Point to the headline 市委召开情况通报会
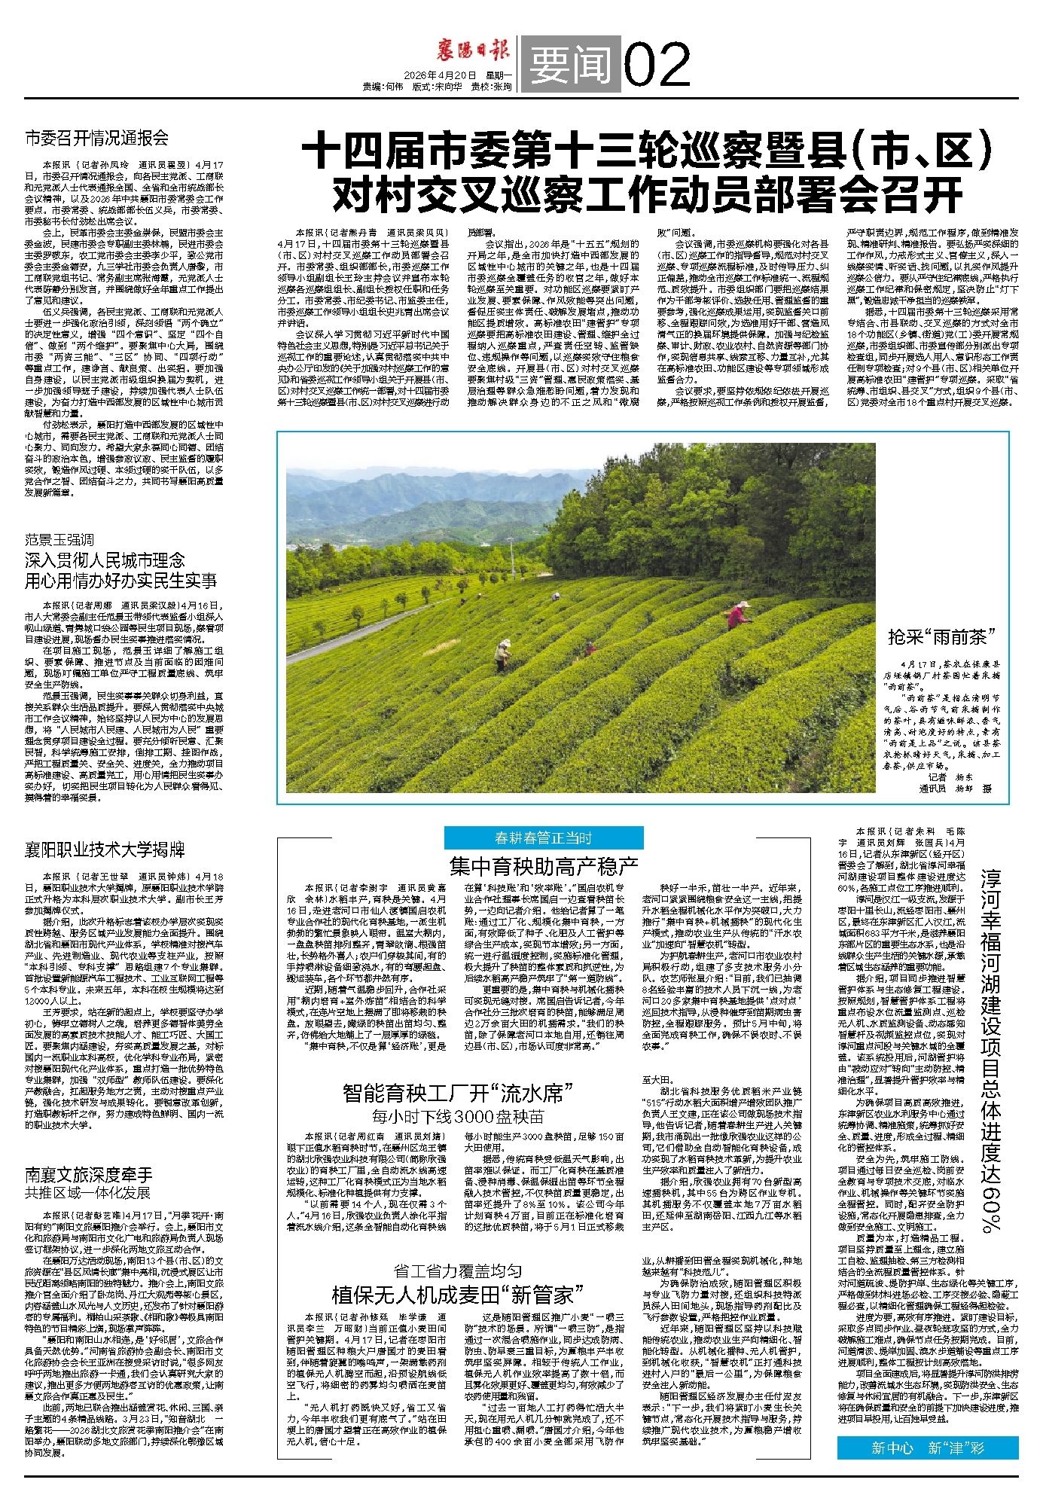[96, 138]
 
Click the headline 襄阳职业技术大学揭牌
[104, 850]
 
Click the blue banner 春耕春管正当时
[543, 837]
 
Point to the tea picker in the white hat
[502, 654]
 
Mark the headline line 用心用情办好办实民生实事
[121, 580]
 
